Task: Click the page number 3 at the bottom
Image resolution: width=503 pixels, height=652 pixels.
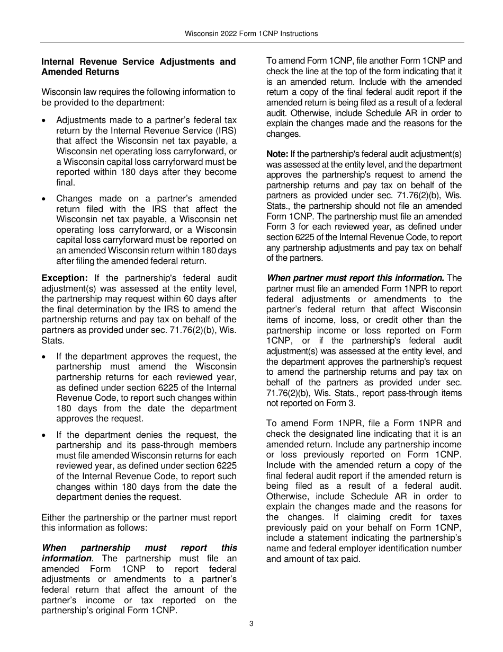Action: [251, 624]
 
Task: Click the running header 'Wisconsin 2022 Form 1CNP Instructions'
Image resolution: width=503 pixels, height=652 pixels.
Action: [251, 33]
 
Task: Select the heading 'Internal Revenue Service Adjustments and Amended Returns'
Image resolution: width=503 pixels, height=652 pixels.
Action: [139, 67]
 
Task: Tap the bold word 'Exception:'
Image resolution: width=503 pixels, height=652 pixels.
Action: [65, 278]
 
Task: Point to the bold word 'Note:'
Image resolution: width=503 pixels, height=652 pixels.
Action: [277, 154]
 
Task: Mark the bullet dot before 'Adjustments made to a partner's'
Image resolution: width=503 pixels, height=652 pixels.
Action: [45, 120]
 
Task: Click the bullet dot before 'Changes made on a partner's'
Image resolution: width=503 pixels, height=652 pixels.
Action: [45, 199]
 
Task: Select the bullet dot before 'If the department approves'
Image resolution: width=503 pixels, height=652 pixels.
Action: [45, 357]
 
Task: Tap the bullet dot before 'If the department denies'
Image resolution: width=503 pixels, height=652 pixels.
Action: [45, 435]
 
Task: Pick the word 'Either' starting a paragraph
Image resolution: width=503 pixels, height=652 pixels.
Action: [53, 517]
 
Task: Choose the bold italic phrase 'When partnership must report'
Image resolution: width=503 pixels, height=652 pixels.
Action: [139, 548]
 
